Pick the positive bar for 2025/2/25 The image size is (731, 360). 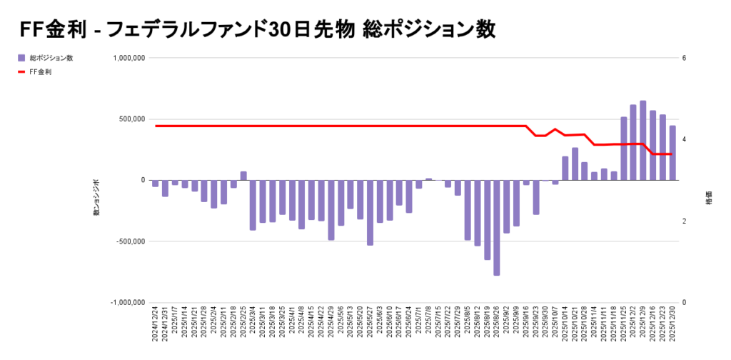[243, 176]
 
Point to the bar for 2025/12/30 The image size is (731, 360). [672, 153]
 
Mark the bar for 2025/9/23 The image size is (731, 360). [536, 197]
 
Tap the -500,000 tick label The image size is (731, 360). [130, 241]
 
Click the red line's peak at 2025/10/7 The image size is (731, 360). [555, 129]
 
